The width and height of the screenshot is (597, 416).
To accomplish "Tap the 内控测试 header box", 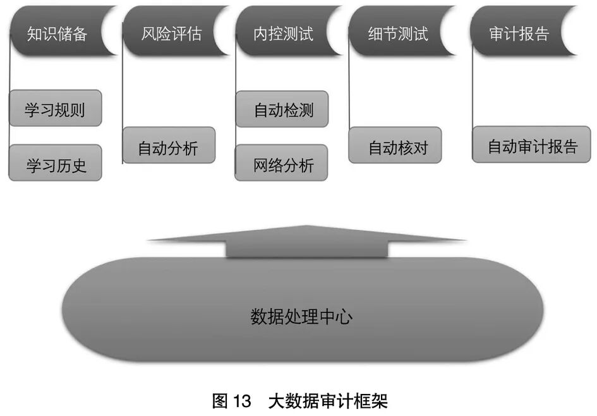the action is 284,33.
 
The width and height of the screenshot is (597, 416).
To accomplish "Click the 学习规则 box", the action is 55,108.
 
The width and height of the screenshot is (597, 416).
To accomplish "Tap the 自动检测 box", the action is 282,109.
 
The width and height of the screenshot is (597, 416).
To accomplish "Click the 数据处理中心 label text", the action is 301,316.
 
